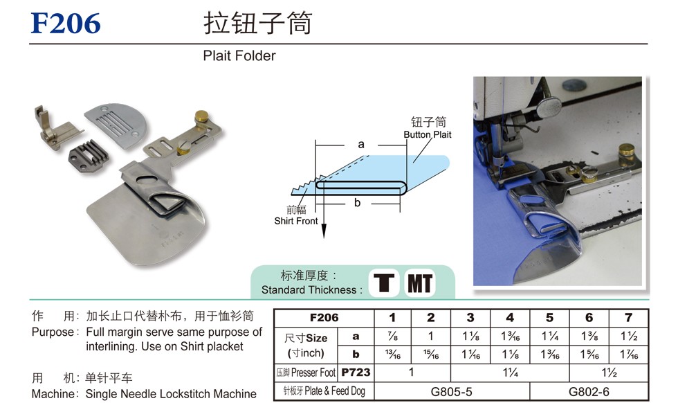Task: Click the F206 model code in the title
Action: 66,24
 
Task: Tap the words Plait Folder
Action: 239,56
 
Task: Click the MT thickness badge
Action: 420,283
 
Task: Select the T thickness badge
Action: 383,283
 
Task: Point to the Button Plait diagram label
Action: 428,134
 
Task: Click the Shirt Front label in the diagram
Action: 296,221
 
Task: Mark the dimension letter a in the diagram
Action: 361,145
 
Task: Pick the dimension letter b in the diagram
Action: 357,203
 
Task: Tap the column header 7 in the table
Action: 628,318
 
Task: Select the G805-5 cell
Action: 451,392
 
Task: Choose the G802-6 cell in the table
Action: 589,392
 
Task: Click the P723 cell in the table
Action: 356,373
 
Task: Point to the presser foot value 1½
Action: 609,373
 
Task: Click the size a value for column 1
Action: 393,337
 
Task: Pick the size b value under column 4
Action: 511,355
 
